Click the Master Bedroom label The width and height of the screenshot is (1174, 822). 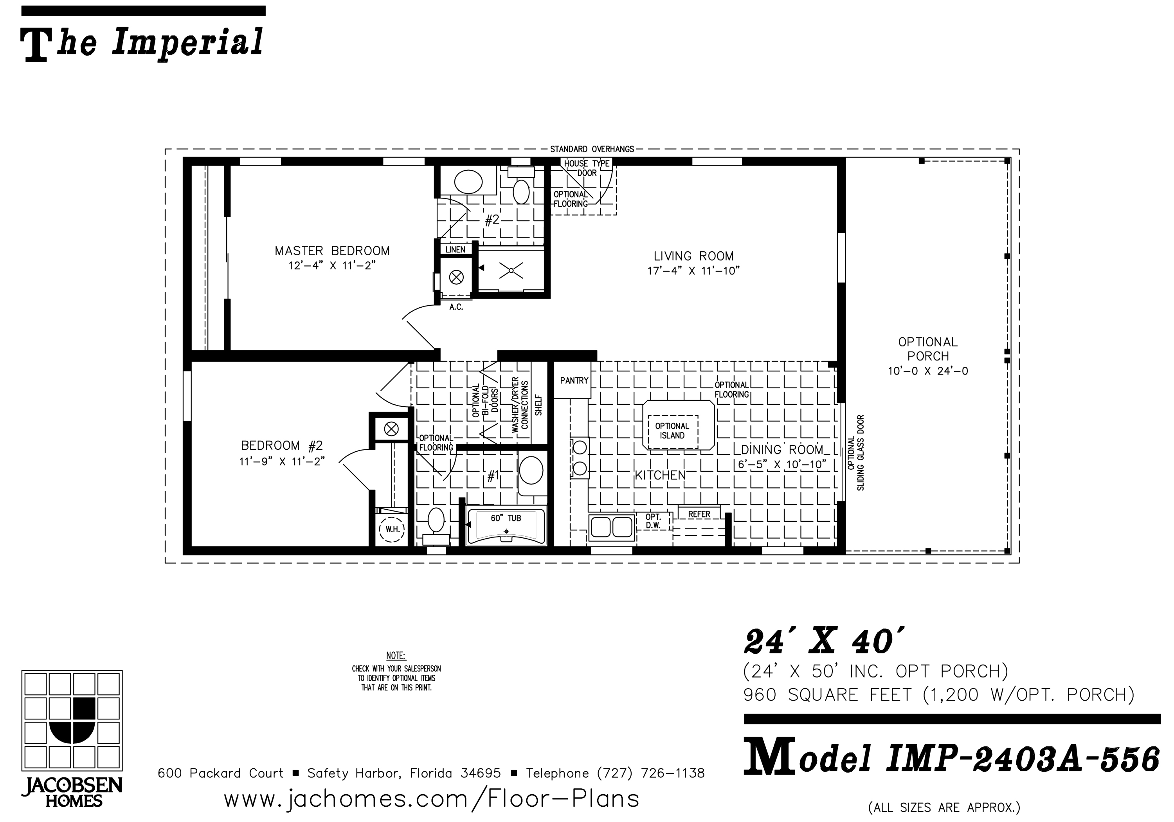pyautogui.click(x=332, y=251)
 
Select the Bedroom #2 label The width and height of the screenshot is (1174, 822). pyautogui.click(x=282, y=445)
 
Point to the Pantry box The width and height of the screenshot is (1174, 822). pyautogui.click(x=574, y=380)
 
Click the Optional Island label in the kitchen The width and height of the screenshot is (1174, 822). pyautogui.click(x=672, y=431)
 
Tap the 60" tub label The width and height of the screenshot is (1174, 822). pyautogui.click(x=506, y=518)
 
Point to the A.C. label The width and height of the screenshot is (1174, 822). pyautogui.click(x=456, y=307)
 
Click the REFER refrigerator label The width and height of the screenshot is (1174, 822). pyautogui.click(x=699, y=514)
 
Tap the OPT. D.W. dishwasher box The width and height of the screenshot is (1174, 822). pyautogui.click(x=654, y=521)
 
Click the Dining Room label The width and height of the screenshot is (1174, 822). pyautogui.click(x=782, y=450)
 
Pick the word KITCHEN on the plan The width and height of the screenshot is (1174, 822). pyautogui.click(x=660, y=475)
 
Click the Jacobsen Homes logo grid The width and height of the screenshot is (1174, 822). pyautogui.click(x=72, y=721)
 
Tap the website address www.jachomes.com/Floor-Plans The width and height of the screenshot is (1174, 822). pyautogui.click(x=432, y=799)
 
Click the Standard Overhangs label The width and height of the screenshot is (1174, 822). pyautogui.click(x=592, y=150)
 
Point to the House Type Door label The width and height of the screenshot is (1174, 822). pyautogui.click(x=587, y=168)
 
